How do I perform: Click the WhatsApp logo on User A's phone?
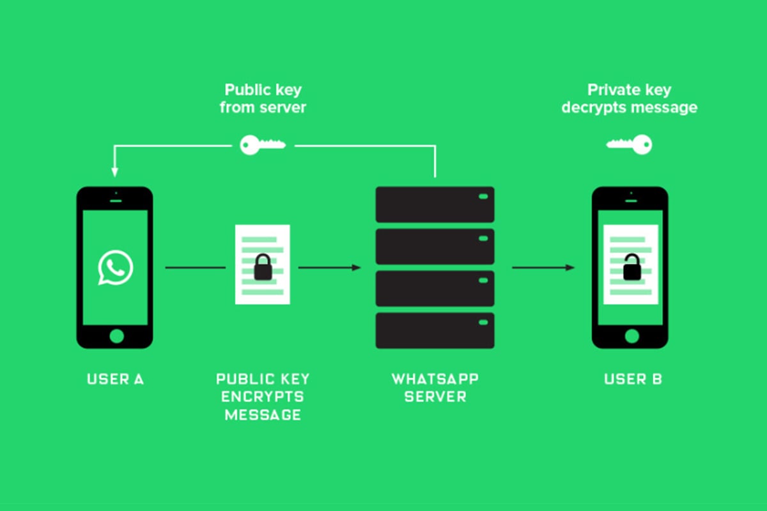pyautogui.click(x=115, y=268)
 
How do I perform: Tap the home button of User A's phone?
pyautogui.click(x=115, y=336)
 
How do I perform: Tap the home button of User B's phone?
pyautogui.click(x=630, y=336)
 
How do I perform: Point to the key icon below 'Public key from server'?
pyautogui.click(x=262, y=145)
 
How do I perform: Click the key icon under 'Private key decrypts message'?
pyautogui.click(x=629, y=144)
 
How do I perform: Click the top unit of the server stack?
pyautogui.click(x=435, y=204)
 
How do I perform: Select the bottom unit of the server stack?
pyautogui.click(x=435, y=330)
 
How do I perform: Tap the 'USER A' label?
pyautogui.click(x=115, y=379)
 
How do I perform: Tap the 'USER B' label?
pyautogui.click(x=633, y=379)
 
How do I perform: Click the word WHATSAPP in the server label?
pyautogui.click(x=435, y=379)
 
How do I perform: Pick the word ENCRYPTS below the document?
pyautogui.click(x=262, y=397)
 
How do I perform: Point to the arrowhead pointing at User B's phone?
pyautogui.click(x=570, y=268)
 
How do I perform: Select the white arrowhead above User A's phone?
pyautogui.click(x=115, y=172)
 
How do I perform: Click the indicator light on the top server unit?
pyautogui.click(x=483, y=196)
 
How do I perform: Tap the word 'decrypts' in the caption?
pyautogui.click(x=593, y=107)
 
